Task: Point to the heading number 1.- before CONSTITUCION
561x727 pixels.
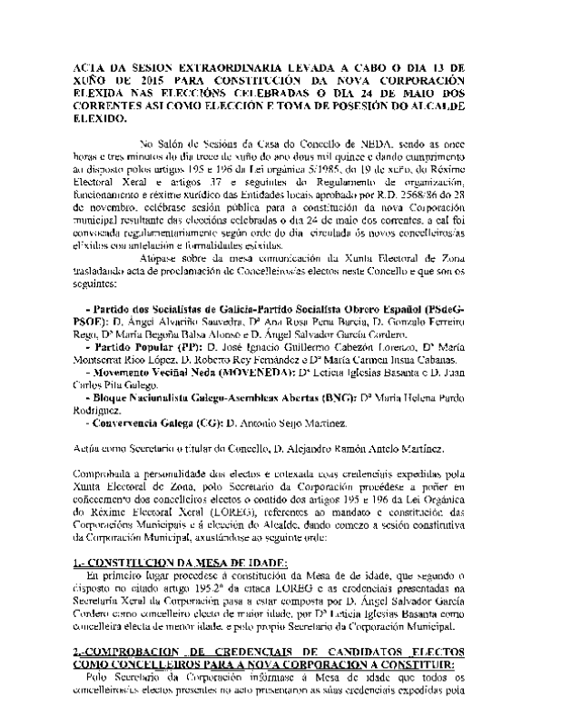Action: (x=79, y=563)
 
